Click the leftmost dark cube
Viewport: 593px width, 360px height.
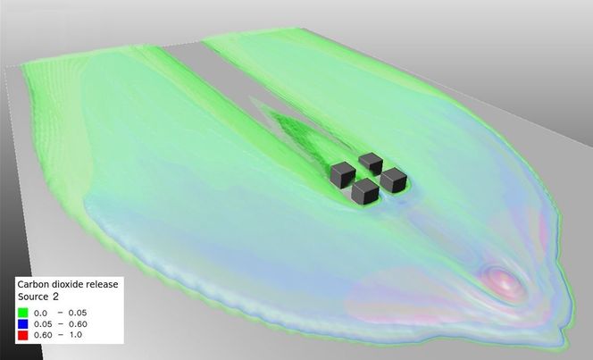pos(343,175)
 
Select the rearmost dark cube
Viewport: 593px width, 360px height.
pos(371,163)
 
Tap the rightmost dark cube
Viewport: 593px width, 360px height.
pos(393,180)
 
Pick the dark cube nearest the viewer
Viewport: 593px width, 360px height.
pos(365,192)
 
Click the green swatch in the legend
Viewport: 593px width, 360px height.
pos(22,313)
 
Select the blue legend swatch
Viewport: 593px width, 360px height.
pos(22,323)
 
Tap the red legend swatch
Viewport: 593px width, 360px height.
pos(22,335)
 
